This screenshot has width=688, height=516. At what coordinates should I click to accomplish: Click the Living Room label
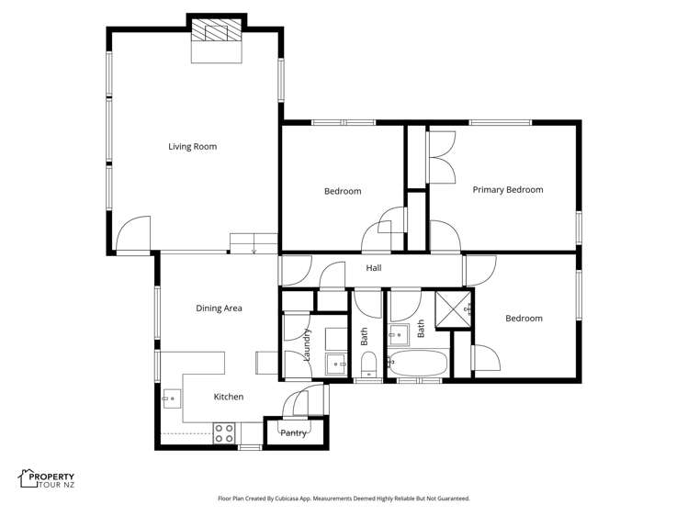(192, 146)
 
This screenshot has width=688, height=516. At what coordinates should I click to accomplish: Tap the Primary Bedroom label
(508, 190)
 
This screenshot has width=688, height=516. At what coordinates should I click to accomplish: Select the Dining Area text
(219, 308)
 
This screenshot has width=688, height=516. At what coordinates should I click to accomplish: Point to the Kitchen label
(229, 397)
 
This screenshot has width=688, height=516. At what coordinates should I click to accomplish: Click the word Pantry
(293, 432)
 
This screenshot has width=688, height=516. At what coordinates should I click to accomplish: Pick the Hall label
(374, 268)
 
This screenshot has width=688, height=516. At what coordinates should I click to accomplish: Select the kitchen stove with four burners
(224, 433)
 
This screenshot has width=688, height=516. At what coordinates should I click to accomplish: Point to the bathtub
(418, 364)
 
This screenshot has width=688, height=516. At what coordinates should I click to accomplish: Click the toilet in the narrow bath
(367, 369)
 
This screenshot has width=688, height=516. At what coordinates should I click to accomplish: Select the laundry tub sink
(337, 365)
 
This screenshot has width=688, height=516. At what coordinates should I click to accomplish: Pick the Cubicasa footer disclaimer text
(344, 499)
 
